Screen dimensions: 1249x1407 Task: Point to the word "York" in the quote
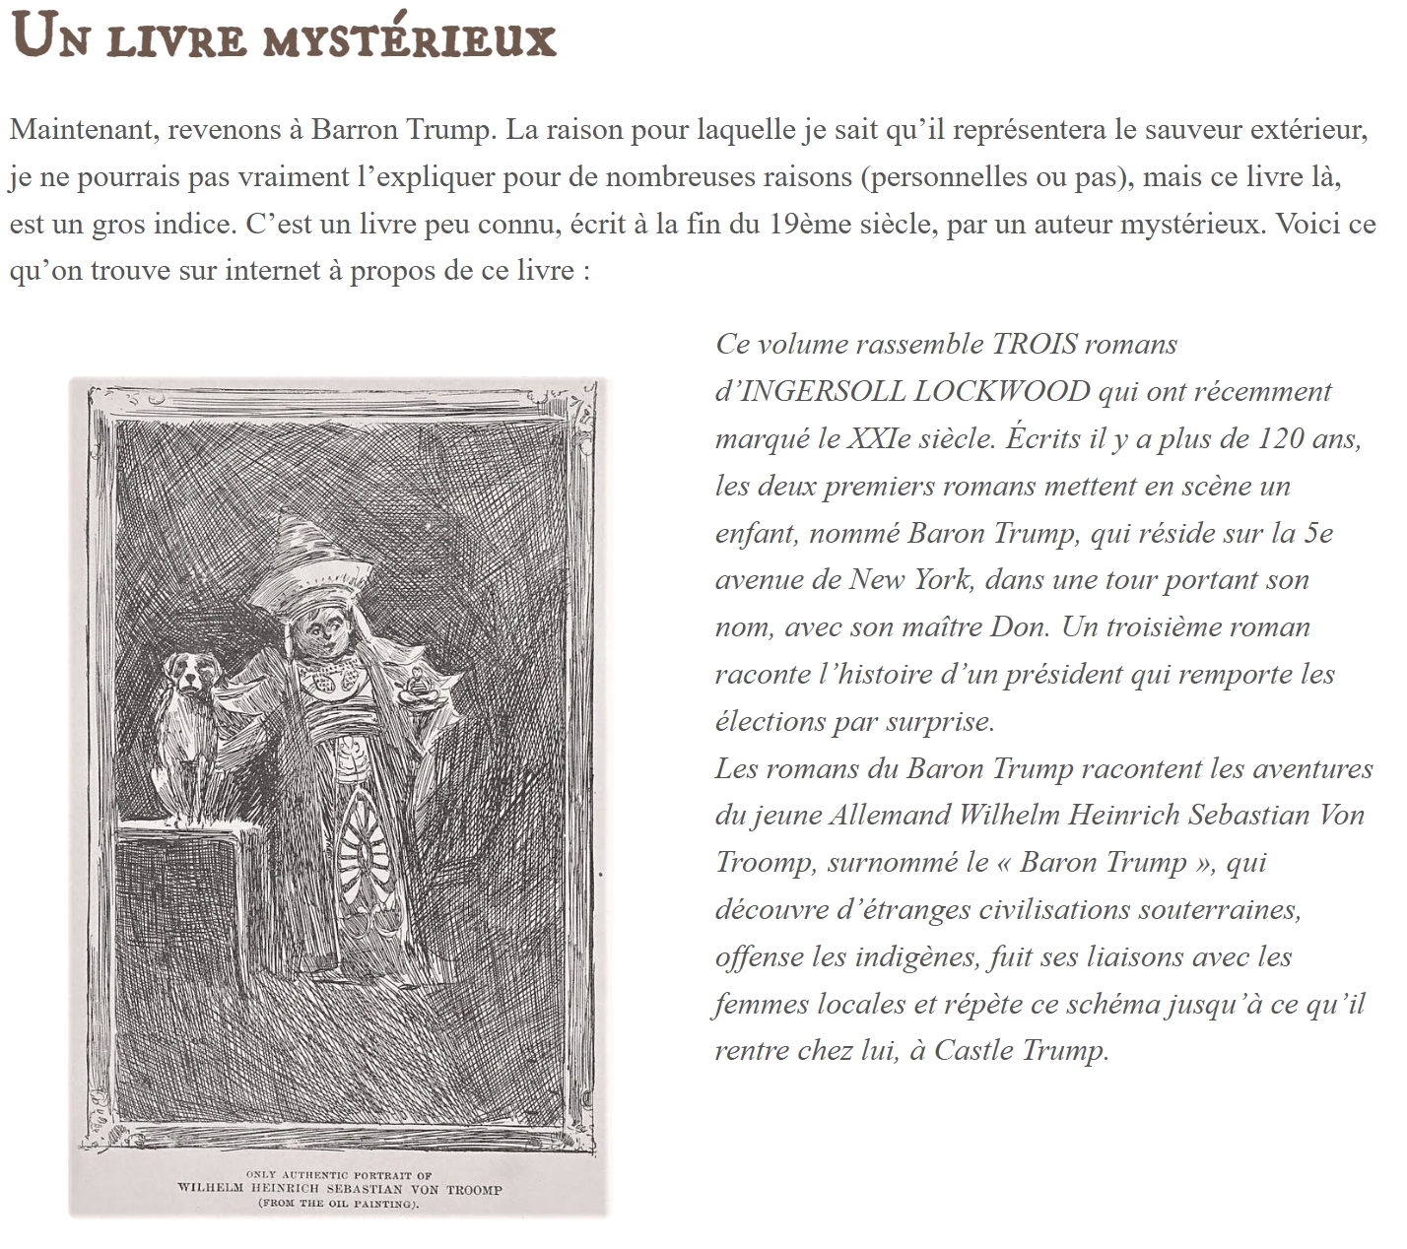[941, 579]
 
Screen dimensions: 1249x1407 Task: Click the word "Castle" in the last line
[972, 1050]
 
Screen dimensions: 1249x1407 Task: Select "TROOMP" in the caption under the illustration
[474, 1189]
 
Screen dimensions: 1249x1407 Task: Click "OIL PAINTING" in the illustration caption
[370, 1204]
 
